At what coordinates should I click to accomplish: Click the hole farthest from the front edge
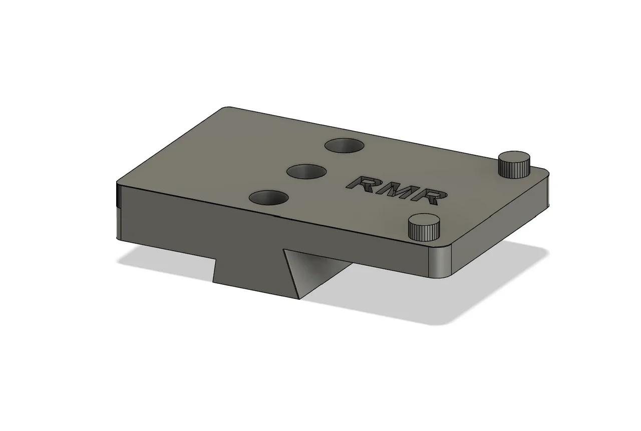[x=344, y=146]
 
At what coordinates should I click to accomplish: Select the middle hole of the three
[x=306, y=172]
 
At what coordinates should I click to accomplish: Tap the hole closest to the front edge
[x=268, y=198]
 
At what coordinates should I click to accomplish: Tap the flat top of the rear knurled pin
[x=514, y=157]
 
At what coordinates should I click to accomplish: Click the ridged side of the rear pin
[x=514, y=170]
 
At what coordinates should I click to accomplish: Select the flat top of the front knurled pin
[x=424, y=220]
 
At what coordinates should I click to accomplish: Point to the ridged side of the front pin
[x=424, y=233]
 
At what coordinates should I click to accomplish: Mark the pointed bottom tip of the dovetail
[x=299, y=298]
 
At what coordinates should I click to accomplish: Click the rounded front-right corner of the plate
[x=441, y=263]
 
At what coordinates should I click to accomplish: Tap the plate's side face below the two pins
[x=501, y=225]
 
